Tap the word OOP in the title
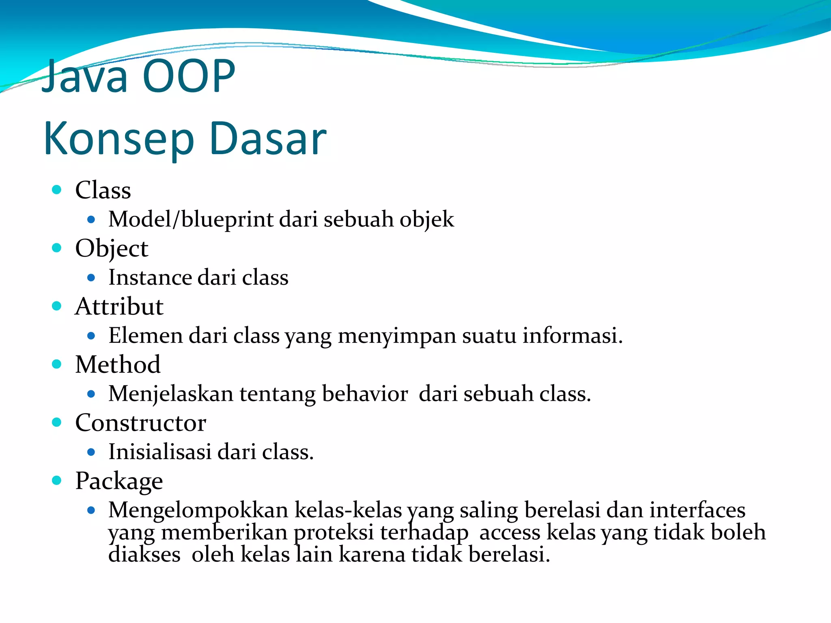(x=189, y=76)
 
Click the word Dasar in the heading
(x=268, y=139)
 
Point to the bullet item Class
(x=103, y=190)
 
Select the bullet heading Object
(x=112, y=248)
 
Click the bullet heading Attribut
(x=119, y=306)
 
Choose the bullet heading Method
(x=118, y=364)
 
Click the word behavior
(x=365, y=394)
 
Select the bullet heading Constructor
(x=140, y=423)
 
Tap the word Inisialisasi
(x=160, y=452)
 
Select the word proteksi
(x=334, y=532)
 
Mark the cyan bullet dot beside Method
(x=57, y=364)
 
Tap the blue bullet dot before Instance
(x=91, y=278)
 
